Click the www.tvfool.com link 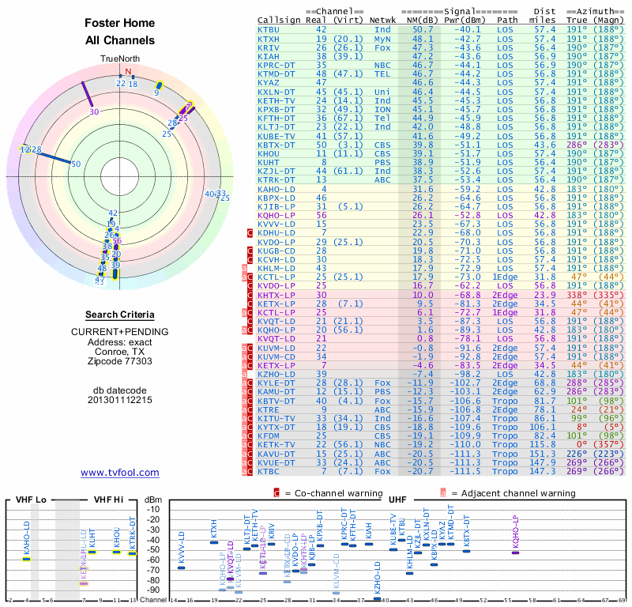click(x=119, y=473)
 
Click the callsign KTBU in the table click(x=269, y=29)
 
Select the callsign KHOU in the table click(x=269, y=153)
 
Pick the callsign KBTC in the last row click(x=269, y=471)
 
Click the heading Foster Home click(x=119, y=23)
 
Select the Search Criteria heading click(x=119, y=315)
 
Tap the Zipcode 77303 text click(x=119, y=361)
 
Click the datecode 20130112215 click(x=119, y=399)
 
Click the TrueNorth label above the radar click(x=119, y=59)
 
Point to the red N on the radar click(x=128, y=71)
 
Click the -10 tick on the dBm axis click(x=154, y=509)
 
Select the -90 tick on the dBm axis click(x=154, y=590)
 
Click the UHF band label click(x=397, y=500)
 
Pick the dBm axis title click(x=153, y=500)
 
